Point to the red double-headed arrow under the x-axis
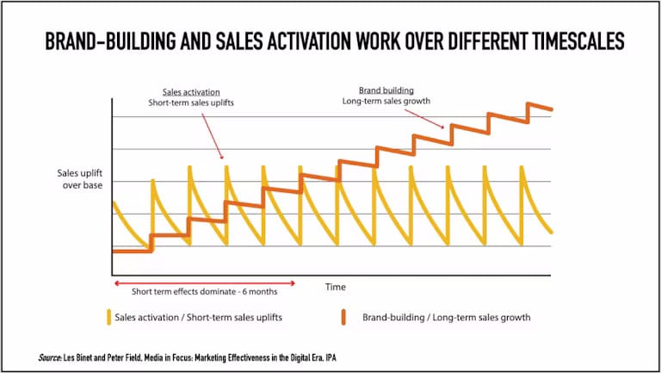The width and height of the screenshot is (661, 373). pyautogui.click(x=204, y=283)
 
